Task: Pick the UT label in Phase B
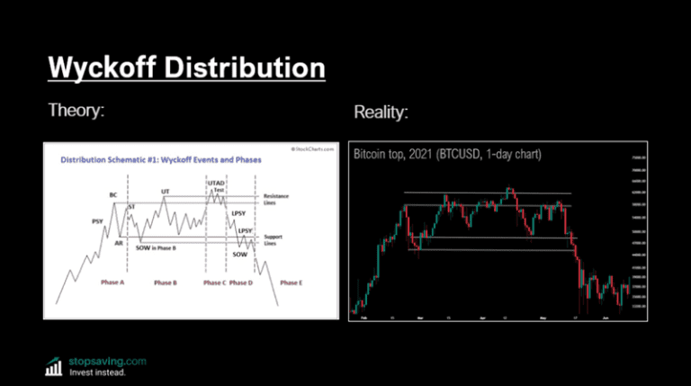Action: (x=166, y=192)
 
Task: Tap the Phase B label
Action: (x=165, y=283)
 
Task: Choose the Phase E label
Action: (x=290, y=283)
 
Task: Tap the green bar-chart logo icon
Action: (x=54, y=365)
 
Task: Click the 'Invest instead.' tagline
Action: (x=98, y=372)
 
